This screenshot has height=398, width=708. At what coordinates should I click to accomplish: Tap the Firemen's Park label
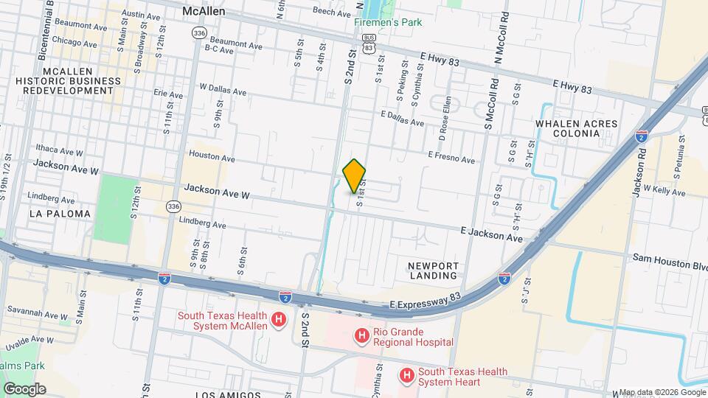[388, 23]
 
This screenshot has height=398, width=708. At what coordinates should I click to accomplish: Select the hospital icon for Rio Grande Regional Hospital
[362, 337]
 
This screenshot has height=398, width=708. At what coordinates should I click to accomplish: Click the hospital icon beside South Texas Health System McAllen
[279, 320]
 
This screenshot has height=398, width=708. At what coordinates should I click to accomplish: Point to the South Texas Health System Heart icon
[406, 376]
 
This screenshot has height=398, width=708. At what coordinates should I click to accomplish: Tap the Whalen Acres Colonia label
[577, 128]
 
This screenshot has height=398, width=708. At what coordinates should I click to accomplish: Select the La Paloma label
[60, 214]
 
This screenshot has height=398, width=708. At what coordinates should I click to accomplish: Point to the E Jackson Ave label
[492, 235]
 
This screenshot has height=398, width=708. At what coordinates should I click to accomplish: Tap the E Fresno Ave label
[452, 157]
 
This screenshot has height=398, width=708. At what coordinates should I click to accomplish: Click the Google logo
[24, 388]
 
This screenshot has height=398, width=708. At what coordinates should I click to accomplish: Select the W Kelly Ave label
[664, 191]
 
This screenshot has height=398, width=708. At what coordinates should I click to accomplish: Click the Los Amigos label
[228, 394]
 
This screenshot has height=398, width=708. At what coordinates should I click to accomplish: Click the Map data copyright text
[662, 392]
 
